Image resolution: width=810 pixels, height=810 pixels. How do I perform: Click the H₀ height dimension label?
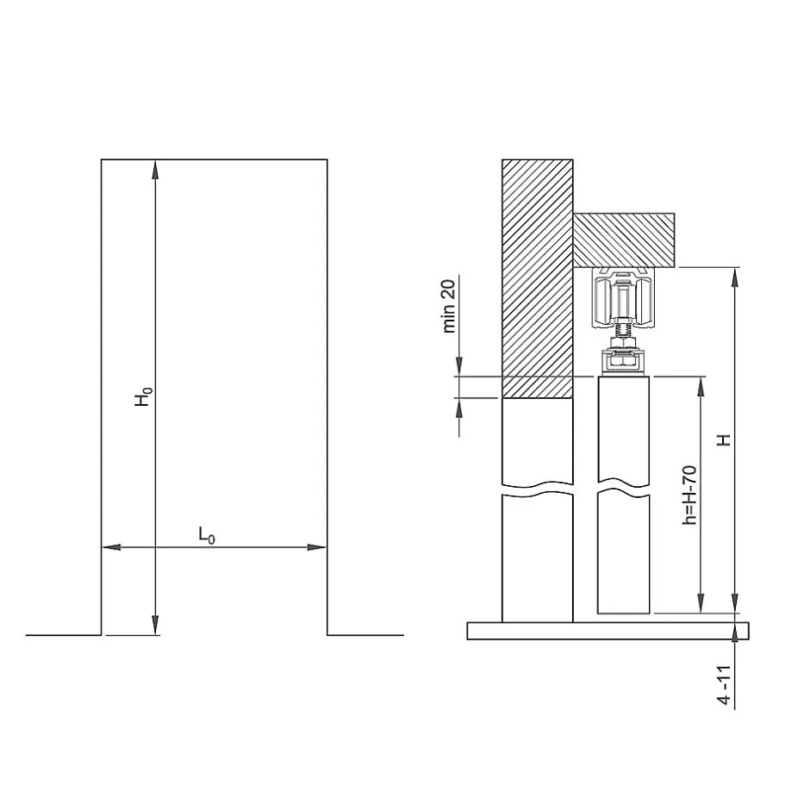[144, 396]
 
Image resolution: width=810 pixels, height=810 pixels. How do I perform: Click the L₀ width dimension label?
[207, 535]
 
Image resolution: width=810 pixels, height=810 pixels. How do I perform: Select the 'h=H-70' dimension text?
[689, 495]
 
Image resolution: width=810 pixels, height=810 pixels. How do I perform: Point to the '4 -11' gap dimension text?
[725, 685]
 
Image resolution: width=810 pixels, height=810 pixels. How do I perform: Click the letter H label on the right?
[725, 439]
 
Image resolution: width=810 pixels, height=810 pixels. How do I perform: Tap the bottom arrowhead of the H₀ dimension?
[155, 625]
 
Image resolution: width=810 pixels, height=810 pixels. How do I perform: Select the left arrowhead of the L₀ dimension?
[111, 547]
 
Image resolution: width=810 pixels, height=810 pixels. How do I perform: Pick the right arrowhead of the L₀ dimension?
[316, 547]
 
